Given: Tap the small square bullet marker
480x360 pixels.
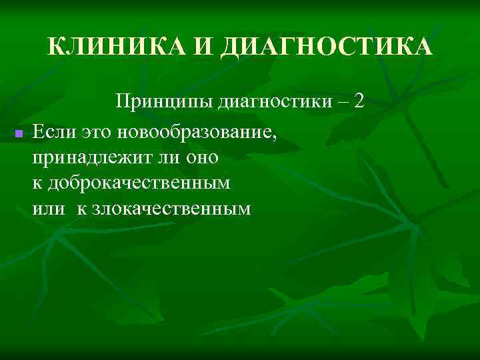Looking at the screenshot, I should [x=19, y=134].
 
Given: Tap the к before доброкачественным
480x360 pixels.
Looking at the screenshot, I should [x=36, y=183].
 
